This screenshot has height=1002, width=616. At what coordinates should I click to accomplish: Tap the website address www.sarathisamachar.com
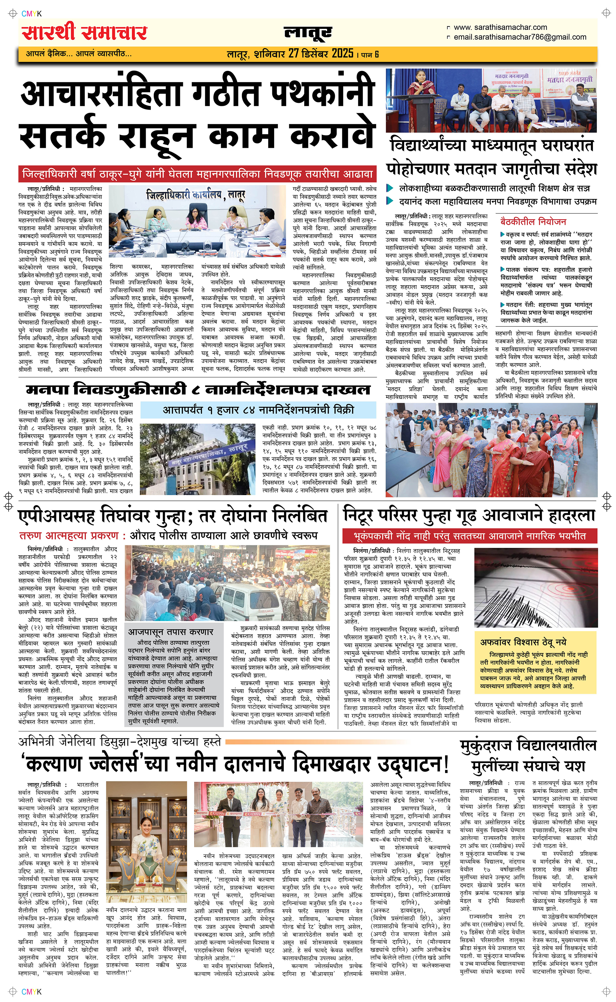[x=500, y=27]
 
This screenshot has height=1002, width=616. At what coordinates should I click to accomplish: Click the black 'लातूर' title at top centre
[x=308, y=33]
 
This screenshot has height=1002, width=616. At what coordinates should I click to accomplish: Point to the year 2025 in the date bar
[x=342, y=53]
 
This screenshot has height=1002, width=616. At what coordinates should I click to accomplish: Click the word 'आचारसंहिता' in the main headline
[x=101, y=94]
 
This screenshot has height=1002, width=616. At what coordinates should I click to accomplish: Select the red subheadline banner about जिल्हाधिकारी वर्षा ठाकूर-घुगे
[x=197, y=174]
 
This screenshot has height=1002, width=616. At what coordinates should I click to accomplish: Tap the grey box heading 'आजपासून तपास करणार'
[x=171, y=632]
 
